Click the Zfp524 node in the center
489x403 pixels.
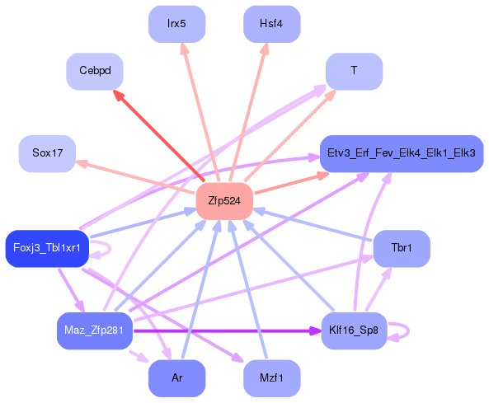[x=224, y=201]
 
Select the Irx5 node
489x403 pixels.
[x=176, y=24]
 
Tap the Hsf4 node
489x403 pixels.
[x=271, y=24]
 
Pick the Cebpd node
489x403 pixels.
[x=95, y=72]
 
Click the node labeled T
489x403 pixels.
[x=354, y=72]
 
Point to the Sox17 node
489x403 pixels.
[x=47, y=153]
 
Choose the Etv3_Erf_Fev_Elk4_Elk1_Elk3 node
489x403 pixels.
[x=402, y=153]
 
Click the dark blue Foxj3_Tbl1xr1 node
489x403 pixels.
[x=47, y=249]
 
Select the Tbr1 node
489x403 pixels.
[x=402, y=249]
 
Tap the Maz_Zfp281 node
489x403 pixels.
[x=95, y=330]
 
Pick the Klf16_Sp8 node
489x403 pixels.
[x=354, y=330]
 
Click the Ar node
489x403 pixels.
[x=176, y=378]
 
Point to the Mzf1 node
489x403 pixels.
[x=271, y=378]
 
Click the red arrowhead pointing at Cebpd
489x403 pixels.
[x=119, y=96]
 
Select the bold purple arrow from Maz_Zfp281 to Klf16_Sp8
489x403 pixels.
[x=227, y=330]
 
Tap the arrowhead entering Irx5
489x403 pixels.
[x=185, y=49]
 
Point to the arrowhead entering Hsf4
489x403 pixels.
[x=265, y=49]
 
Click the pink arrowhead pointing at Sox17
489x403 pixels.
[x=82, y=163]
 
